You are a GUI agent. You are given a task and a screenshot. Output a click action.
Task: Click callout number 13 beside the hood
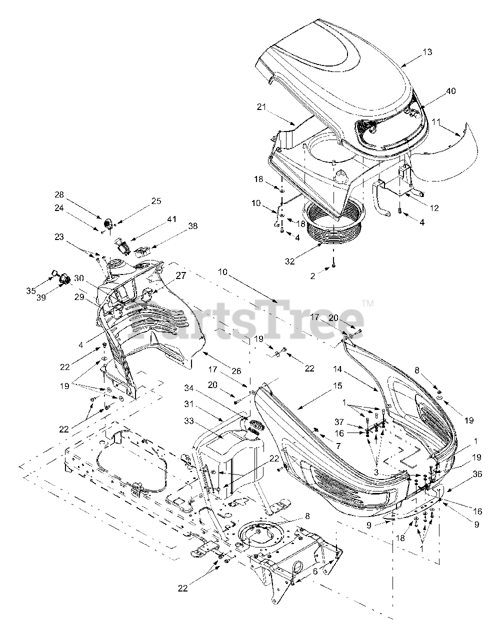click(427, 52)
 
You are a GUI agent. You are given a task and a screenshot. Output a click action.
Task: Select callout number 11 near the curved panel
click(436, 121)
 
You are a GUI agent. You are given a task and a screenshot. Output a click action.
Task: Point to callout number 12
click(434, 208)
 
